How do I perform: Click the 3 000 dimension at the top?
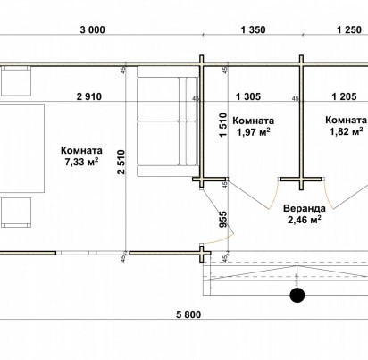coord(92,30)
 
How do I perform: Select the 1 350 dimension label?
coord(253,30)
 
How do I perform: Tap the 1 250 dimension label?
coord(349,30)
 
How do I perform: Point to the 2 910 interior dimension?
coord(89,96)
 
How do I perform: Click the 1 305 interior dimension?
coord(248,96)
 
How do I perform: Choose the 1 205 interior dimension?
coord(344,96)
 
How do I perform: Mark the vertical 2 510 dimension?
coord(121,162)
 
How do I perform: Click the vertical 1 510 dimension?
coord(222,125)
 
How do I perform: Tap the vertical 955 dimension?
coord(223,220)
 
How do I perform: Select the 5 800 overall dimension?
coord(188,314)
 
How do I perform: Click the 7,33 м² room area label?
coord(81,162)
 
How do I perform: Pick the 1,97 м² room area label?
coord(254,132)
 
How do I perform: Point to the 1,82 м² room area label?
coord(346,131)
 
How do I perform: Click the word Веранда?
coord(305,208)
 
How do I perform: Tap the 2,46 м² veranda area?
coord(305,220)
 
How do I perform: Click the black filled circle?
coord(297,295)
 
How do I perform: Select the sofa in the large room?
coord(168,121)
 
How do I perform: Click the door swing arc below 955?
coord(221,240)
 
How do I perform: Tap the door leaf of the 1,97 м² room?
coord(247,194)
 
